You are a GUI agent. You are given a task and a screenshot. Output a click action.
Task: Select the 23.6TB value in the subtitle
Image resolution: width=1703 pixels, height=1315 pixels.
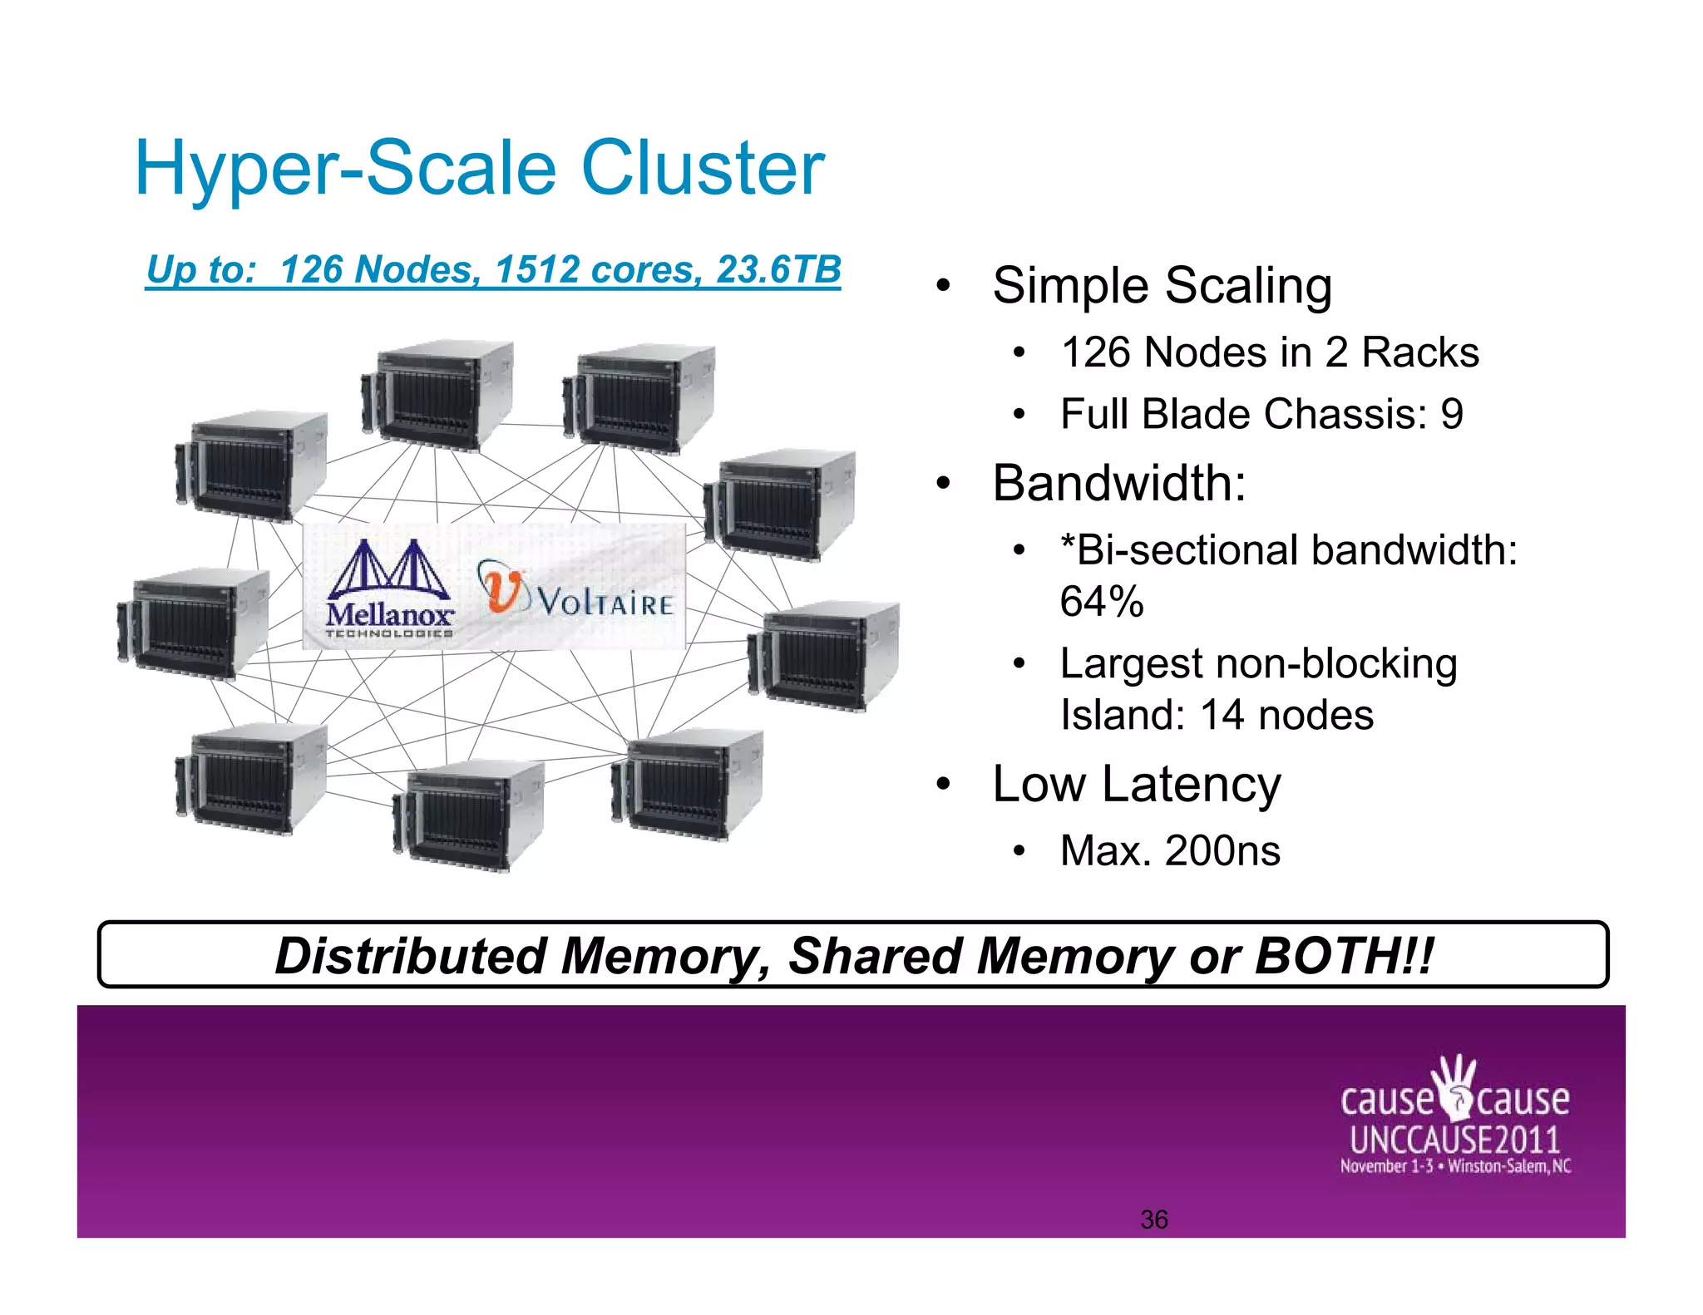(x=778, y=269)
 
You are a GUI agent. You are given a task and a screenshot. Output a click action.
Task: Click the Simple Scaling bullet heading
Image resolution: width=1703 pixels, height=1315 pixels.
(x=1162, y=286)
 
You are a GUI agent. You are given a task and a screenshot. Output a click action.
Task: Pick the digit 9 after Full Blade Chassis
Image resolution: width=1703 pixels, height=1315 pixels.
(x=1452, y=414)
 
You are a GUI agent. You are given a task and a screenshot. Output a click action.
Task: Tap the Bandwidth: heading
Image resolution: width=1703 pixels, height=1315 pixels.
(x=1119, y=483)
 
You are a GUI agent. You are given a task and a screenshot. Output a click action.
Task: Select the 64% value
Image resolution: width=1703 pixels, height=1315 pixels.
(x=1102, y=601)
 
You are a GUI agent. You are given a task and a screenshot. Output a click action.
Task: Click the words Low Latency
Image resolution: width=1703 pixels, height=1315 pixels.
(x=1137, y=784)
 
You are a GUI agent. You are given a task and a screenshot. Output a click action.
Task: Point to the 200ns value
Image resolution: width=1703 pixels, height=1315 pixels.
(x=1222, y=850)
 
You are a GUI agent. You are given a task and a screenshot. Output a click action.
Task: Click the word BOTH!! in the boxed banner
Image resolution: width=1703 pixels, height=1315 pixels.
(x=1344, y=956)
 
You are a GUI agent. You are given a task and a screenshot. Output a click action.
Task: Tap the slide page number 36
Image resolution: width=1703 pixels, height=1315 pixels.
(x=1154, y=1219)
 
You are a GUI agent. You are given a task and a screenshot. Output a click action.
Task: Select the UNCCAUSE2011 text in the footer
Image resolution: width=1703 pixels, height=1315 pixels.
(x=1454, y=1140)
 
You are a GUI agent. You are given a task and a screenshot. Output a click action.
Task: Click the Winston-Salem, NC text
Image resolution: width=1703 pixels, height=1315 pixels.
(x=1509, y=1166)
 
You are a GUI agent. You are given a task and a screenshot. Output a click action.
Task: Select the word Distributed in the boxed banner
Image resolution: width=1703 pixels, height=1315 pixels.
(x=411, y=956)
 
